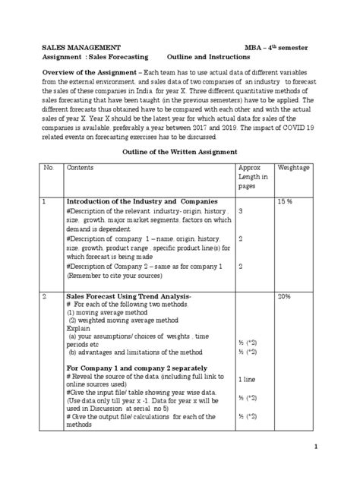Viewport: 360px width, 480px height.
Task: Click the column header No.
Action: pos(48,166)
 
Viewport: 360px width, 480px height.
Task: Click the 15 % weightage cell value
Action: pos(285,201)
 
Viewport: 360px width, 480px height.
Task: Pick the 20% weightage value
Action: pos(284,295)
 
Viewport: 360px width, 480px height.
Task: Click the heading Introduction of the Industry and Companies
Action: pos(130,201)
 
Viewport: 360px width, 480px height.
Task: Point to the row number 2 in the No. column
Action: pos(46,295)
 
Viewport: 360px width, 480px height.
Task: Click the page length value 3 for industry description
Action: pos(241,210)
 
